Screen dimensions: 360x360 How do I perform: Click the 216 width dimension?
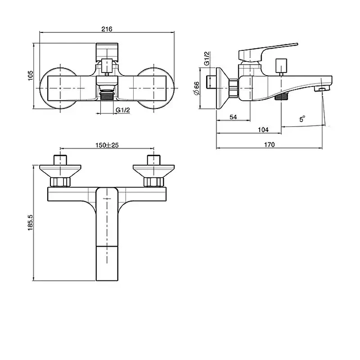click(x=107, y=29)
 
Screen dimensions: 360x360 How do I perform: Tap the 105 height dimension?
click(x=30, y=76)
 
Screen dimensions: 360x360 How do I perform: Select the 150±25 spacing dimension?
click(x=107, y=145)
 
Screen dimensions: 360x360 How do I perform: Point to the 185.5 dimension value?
click(x=30, y=222)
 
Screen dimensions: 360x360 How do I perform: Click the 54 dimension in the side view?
click(x=233, y=117)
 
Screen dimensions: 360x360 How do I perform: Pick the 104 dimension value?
click(x=263, y=130)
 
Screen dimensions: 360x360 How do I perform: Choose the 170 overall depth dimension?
click(x=269, y=144)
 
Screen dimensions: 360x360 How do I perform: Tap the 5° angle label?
click(x=302, y=119)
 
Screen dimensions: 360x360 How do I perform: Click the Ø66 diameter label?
click(x=197, y=88)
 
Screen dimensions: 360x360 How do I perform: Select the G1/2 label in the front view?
click(x=122, y=110)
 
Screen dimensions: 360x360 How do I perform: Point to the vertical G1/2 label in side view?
click(x=207, y=58)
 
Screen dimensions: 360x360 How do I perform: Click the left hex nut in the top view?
click(x=60, y=182)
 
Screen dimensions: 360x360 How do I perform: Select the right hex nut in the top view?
click(x=154, y=182)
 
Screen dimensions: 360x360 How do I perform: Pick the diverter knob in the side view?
click(x=281, y=65)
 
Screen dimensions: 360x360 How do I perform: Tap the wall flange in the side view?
click(x=222, y=88)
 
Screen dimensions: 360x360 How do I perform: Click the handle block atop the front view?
click(x=107, y=52)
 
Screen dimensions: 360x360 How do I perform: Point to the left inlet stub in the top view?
click(x=60, y=160)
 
